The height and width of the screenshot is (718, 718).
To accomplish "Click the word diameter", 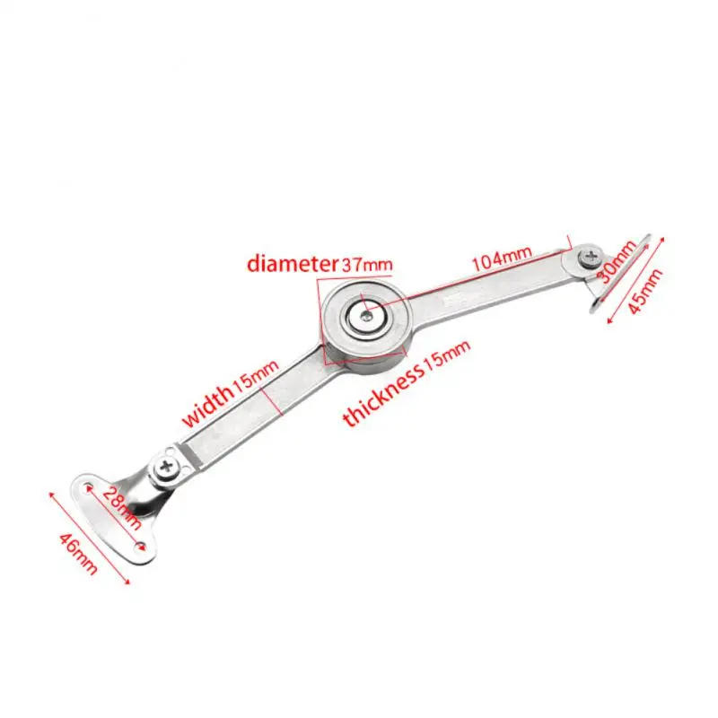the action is [292, 263].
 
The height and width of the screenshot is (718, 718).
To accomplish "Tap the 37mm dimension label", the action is [367, 264].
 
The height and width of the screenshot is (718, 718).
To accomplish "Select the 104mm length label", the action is [502, 258].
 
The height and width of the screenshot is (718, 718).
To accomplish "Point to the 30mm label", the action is [617, 261].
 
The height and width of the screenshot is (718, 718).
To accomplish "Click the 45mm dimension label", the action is [644, 291].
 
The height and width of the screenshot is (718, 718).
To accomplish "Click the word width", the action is [207, 405].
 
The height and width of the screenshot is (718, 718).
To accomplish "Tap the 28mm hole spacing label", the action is [122, 507].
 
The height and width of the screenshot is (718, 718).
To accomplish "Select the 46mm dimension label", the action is [78, 554].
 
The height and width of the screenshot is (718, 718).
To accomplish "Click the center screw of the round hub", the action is [365, 315].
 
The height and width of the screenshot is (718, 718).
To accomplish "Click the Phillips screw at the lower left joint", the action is [166, 468].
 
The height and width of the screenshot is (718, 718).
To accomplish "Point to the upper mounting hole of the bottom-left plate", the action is [88, 486].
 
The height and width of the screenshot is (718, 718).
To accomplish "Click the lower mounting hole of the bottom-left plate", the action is [141, 547].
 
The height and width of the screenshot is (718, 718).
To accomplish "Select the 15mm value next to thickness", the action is [446, 355].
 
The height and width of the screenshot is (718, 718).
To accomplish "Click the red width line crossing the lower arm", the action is [272, 401].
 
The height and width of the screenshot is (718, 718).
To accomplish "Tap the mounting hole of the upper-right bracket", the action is [596, 305].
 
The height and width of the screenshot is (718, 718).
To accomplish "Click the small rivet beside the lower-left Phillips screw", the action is [171, 451].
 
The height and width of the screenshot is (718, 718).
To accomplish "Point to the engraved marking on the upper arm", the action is [456, 301].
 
